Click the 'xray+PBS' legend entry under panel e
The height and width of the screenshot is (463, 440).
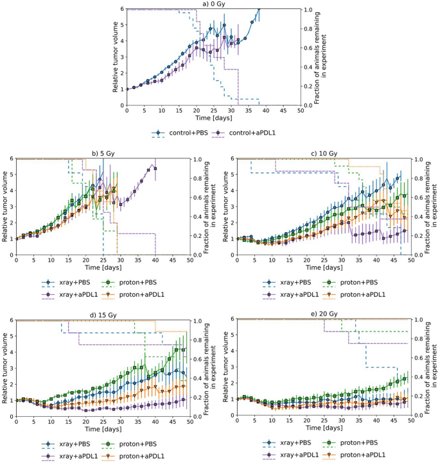[299, 442]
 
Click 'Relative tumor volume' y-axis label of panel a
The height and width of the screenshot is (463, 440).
[116, 57]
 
